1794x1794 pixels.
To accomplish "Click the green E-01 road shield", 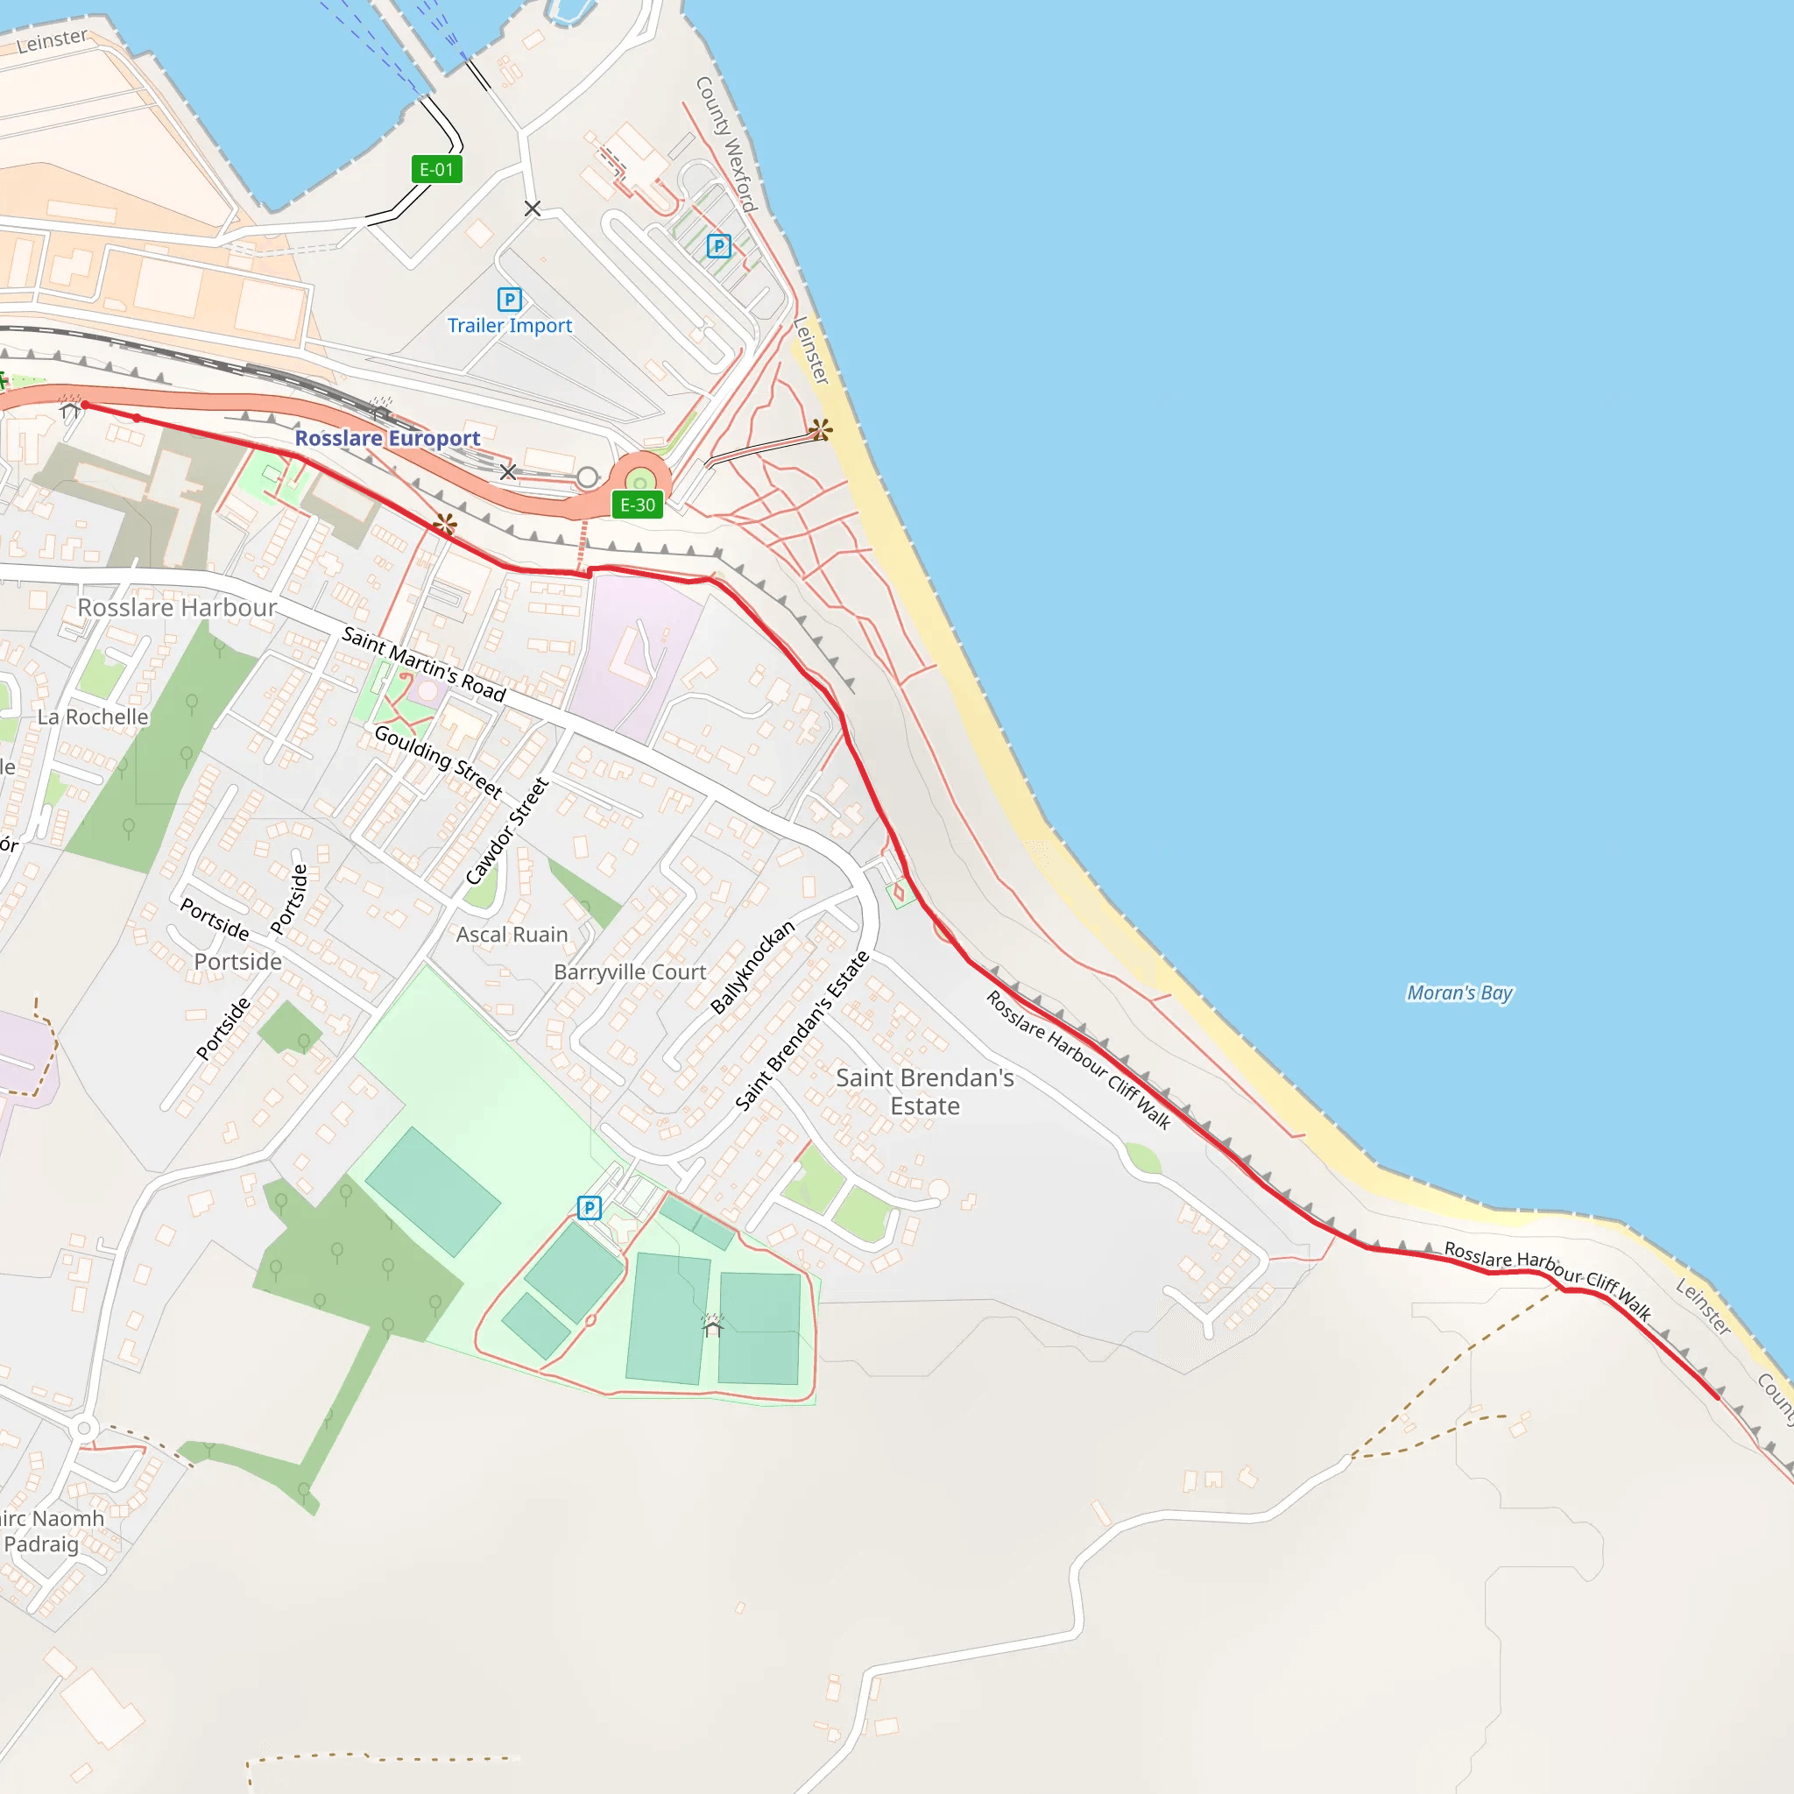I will click(436, 170).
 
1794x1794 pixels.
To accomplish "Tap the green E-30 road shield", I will click(637, 505).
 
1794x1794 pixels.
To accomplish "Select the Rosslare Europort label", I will click(387, 438).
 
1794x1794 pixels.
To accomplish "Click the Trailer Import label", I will click(510, 326).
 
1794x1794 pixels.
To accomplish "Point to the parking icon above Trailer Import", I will click(510, 299).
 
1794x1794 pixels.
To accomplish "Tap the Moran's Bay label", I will click(1459, 992).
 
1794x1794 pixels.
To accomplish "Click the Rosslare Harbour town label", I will click(176, 608).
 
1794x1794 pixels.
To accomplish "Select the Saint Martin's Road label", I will click(423, 665).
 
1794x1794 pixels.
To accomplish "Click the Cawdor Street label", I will click(507, 832).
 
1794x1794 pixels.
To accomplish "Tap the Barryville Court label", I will click(630, 972).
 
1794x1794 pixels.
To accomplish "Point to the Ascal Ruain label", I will click(512, 935).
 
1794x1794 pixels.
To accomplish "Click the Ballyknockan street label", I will click(752, 968).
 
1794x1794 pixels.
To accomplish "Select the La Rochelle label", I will click(93, 717).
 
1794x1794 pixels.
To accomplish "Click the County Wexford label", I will click(727, 144).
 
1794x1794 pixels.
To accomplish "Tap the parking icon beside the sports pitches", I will click(590, 1207).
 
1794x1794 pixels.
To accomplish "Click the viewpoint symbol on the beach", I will click(820, 429).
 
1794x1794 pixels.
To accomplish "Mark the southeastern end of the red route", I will click(1717, 1395).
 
